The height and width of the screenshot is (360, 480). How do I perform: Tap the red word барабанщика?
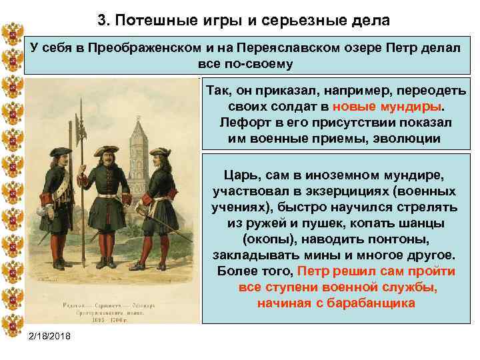[x=367, y=303]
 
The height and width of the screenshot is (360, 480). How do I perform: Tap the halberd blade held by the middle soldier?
[x=81, y=126]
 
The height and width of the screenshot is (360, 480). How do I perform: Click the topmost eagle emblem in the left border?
[x=13, y=32]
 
